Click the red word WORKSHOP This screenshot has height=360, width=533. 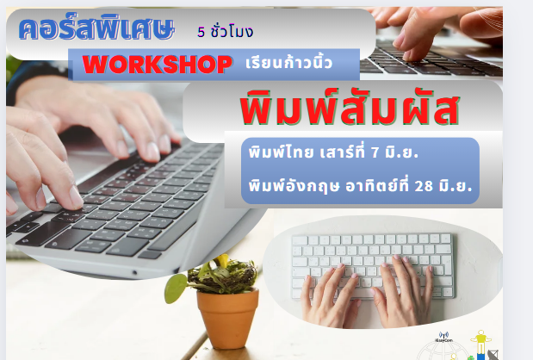click(x=157, y=64)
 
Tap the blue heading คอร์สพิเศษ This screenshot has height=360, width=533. click(x=96, y=28)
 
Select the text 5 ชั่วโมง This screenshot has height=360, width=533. click(x=225, y=31)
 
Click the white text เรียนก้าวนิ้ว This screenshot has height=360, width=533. click(x=288, y=62)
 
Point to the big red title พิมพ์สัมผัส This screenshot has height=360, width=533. click(x=350, y=108)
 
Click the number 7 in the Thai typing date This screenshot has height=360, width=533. click(x=375, y=152)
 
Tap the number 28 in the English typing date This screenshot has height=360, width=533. click(x=424, y=186)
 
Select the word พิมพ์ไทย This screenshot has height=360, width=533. click(x=281, y=152)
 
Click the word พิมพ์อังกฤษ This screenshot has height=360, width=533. click(x=294, y=186)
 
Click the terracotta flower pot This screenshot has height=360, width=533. click(x=227, y=318)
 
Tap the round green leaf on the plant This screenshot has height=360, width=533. click(x=176, y=289)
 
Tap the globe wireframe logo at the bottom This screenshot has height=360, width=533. click(x=442, y=351)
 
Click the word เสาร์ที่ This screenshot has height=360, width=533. click(x=343, y=152)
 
